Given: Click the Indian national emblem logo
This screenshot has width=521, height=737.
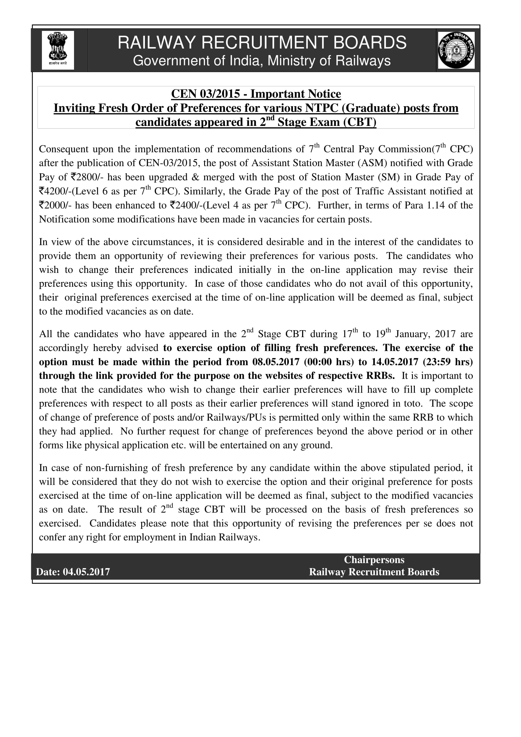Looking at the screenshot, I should pyautogui.click(x=58, y=50).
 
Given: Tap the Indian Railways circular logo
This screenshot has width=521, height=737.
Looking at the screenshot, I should pyautogui.click(x=456, y=50).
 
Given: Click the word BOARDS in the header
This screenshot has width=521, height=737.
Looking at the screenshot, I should pyautogui.click(x=370, y=43).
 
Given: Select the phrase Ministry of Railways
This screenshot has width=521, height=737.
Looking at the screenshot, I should pyautogui.click(x=329, y=61).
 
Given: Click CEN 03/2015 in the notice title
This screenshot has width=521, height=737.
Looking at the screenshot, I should pyautogui.click(x=206, y=94).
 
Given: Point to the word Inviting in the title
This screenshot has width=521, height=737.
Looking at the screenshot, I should pyautogui.click(x=74, y=108).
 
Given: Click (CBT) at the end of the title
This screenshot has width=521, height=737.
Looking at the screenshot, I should pyautogui.click(x=360, y=122).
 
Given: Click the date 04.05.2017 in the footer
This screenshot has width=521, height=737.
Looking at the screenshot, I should pyautogui.click(x=86, y=572).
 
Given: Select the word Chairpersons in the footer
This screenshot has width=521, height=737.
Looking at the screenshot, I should pyautogui.click(x=374, y=560).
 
